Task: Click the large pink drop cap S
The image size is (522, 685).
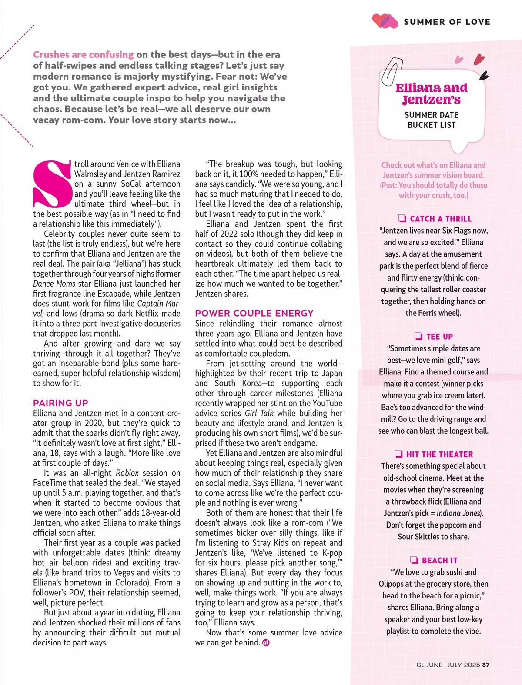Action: [x=51, y=184]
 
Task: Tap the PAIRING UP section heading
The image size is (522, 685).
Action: [x=60, y=403]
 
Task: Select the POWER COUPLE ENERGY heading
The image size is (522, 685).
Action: [x=254, y=313]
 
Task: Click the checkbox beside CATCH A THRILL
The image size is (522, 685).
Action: [x=402, y=218]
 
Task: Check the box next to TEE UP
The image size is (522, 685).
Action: [x=418, y=336]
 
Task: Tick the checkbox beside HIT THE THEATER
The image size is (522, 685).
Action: [x=398, y=454]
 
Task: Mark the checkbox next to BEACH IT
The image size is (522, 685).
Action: [x=414, y=560]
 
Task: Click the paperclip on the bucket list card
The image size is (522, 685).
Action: [x=390, y=71]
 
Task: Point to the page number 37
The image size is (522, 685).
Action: [x=486, y=665]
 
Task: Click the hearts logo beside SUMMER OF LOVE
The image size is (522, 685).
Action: [x=385, y=21]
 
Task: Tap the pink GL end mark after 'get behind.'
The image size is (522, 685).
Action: [x=266, y=642]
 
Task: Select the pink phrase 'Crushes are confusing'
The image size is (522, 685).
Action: [x=83, y=55]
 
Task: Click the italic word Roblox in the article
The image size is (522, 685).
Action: [x=127, y=473]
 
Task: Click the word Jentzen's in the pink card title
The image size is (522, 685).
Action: [x=431, y=100]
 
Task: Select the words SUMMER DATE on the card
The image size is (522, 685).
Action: [x=432, y=115]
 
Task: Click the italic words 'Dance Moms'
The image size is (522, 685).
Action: [x=54, y=284]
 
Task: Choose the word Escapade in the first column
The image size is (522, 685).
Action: [x=113, y=294]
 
